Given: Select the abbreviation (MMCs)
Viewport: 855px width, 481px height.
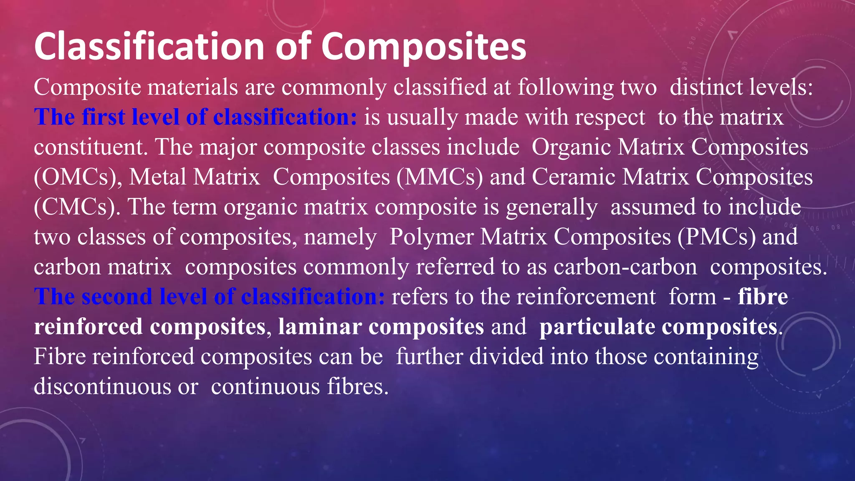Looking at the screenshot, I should (x=440, y=177).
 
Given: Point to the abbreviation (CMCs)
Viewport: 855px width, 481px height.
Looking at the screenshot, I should (x=77, y=207).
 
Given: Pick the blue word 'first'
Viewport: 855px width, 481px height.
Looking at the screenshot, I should (x=104, y=117).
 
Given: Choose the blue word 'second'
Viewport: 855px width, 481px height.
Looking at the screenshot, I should (x=117, y=297).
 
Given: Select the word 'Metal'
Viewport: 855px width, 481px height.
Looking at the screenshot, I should (x=157, y=177).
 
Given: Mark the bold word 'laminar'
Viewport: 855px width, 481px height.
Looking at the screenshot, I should (x=319, y=327).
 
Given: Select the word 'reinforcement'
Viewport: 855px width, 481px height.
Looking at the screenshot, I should (x=586, y=297).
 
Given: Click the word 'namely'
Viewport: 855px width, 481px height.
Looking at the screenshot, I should (x=340, y=237).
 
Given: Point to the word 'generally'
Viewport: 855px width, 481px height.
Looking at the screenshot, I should (x=551, y=207).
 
